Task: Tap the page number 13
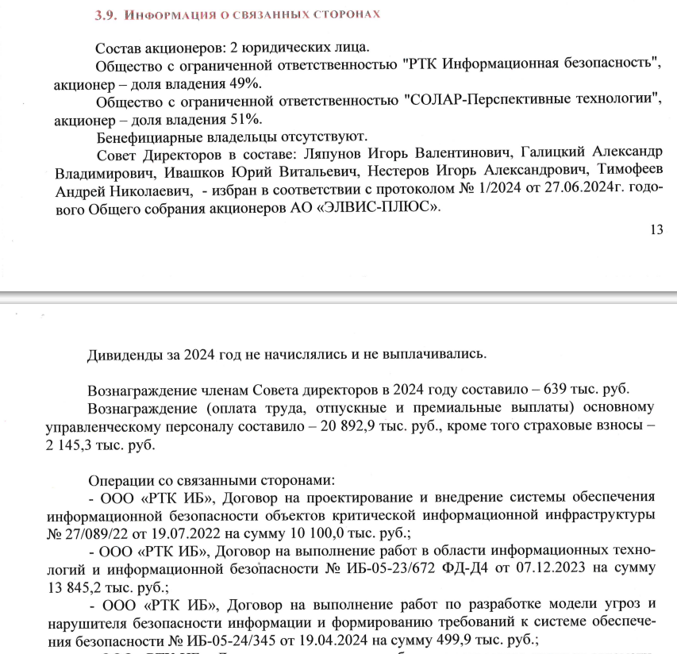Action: point(655,230)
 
